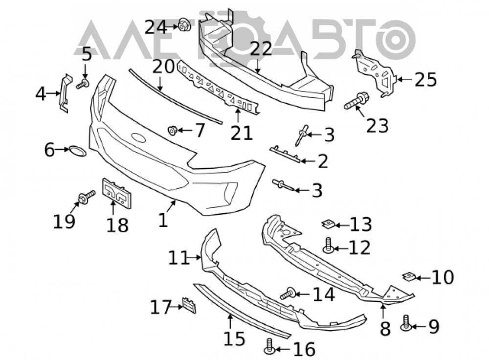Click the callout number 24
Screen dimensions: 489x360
click(x=156, y=27)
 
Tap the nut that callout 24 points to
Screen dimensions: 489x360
click(x=184, y=25)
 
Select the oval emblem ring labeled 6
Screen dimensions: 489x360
click(x=77, y=151)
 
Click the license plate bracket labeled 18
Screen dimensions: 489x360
click(x=117, y=193)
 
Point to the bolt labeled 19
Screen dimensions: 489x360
click(x=87, y=197)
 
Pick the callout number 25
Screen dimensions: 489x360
click(x=425, y=80)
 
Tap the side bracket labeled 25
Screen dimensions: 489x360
click(x=376, y=73)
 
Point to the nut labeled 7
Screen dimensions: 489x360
click(x=173, y=130)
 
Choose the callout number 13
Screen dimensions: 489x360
click(x=361, y=225)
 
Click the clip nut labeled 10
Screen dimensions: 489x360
click(x=409, y=276)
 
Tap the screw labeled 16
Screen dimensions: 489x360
click(x=269, y=346)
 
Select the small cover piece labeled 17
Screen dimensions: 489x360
click(x=189, y=305)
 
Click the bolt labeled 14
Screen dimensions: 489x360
click(x=288, y=293)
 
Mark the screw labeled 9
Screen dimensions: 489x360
click(x=406, y=323)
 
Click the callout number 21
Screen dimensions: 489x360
click(x=242, y=134)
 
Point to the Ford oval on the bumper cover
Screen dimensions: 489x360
click(x=139, y=138)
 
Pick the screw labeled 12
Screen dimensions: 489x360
click(x=329, y=246)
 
